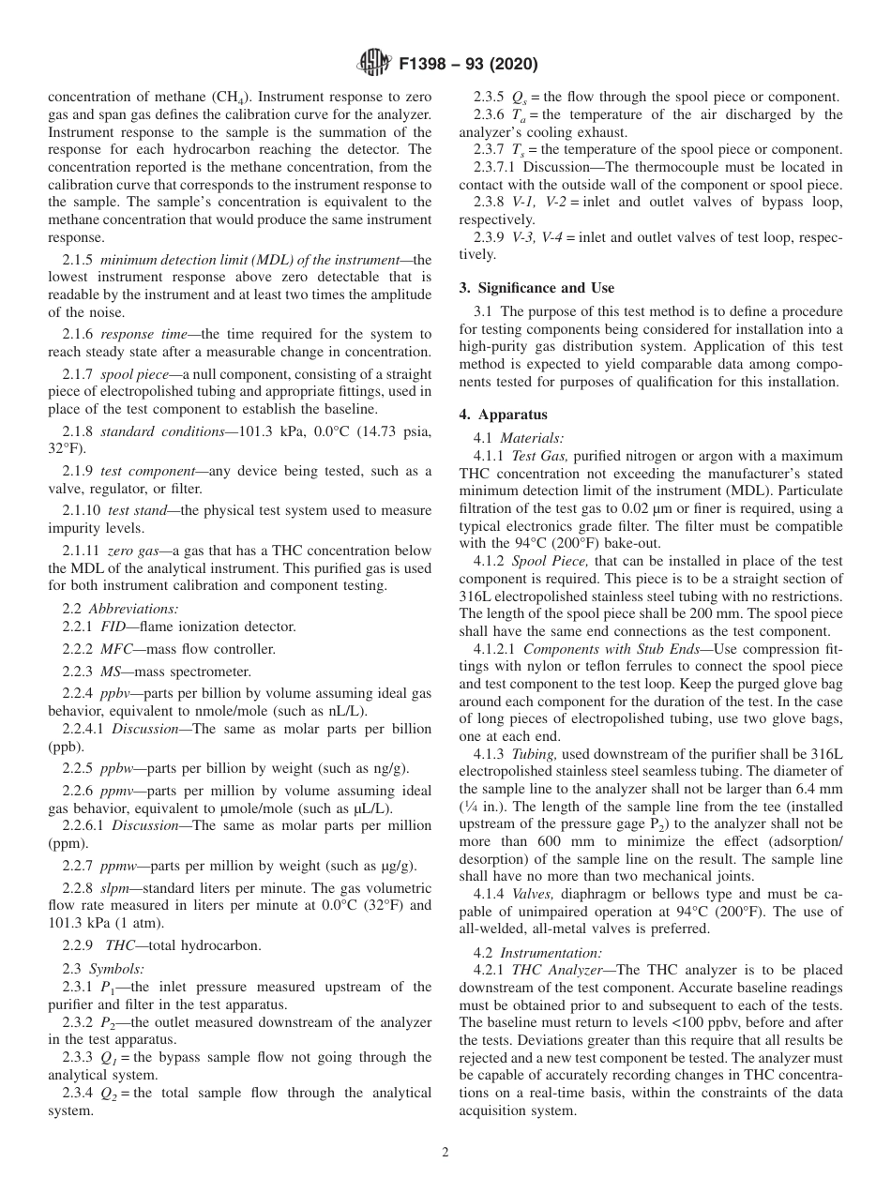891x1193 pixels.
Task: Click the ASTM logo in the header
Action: click(373, 64)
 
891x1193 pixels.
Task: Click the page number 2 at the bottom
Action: click(445, 1153)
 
